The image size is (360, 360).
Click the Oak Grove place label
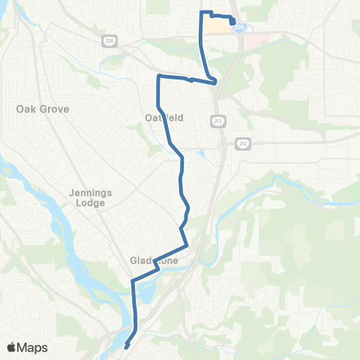(x=43, y=109)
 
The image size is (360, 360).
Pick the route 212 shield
(x=241, y=142)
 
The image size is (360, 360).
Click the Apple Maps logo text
(x=33, y=348)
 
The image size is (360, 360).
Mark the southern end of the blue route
(x=125, y=346)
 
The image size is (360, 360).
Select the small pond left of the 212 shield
(x=202, y=157)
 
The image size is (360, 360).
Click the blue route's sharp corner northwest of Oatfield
(x=158, y=76)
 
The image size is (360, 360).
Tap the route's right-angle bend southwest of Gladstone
(x=133, y=281)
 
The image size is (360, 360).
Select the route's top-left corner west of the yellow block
(x=200, y=13)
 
